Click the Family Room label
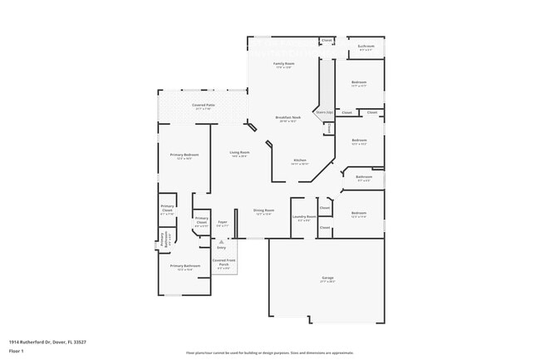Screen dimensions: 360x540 285,63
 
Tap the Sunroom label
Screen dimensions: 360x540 366,47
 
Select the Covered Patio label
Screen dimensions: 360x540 204,106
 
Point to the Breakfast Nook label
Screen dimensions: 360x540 288,118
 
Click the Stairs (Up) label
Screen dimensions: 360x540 323,111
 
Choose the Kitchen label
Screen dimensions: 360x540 300,160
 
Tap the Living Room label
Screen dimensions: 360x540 240,152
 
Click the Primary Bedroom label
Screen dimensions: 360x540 184,155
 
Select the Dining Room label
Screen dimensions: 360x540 263,211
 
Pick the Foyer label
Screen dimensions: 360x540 223,222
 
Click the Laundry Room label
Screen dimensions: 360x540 304,217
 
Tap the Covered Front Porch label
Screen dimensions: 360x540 223,263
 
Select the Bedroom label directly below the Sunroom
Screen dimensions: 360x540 359,82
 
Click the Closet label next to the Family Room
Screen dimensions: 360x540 326,40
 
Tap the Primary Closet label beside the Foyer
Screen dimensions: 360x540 201,220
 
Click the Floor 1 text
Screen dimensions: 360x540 16,352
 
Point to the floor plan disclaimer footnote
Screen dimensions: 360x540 270,353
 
